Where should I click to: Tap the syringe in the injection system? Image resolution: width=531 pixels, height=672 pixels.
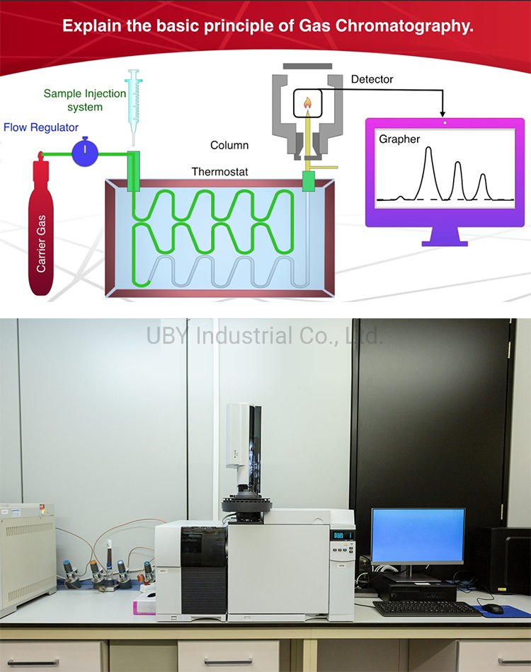coord(134,106)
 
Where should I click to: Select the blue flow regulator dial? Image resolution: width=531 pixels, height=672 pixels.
coord(86,152)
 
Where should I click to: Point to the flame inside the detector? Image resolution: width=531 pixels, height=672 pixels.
coord(308,104)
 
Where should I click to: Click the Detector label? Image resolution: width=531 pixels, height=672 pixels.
coord(372,79)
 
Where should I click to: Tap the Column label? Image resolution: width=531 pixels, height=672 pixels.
coord(229,145)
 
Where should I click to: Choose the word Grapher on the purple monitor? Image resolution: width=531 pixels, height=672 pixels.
coord(399,139)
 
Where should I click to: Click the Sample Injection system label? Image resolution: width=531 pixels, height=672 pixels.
coord(85,100)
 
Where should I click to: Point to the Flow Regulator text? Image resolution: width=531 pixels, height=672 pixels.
coord(41,127)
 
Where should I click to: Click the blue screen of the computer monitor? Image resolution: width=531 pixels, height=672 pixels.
coord(418,535)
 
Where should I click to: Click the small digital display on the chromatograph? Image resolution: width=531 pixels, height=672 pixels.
coord(343,536)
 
